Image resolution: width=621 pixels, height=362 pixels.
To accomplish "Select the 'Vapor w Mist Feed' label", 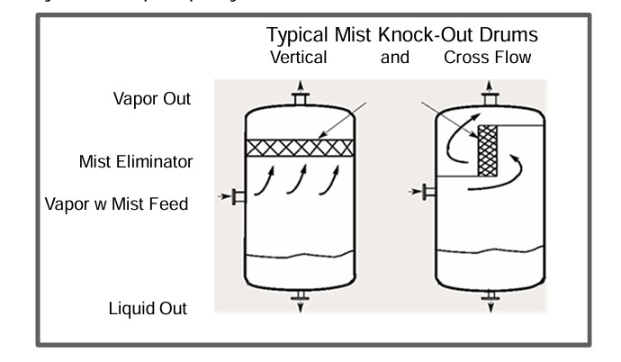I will click(118, 204).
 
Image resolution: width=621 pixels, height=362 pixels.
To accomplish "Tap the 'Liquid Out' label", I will click(148, 309).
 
